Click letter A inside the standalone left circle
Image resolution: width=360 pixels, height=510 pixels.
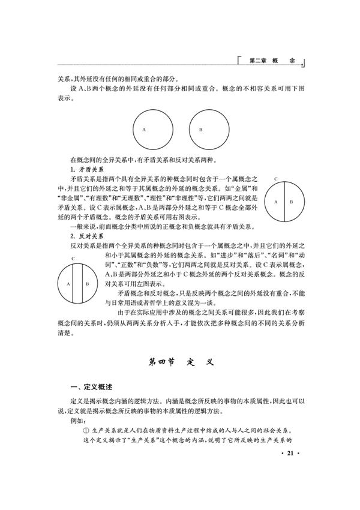[x=144, y=130]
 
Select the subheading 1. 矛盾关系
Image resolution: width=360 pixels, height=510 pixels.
[x=88, y=170]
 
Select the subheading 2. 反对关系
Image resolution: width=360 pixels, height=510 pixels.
[x=88, y=237]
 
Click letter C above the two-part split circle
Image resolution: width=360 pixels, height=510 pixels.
[x=275, y=179]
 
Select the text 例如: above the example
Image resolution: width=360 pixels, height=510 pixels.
[x=78, y=421]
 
